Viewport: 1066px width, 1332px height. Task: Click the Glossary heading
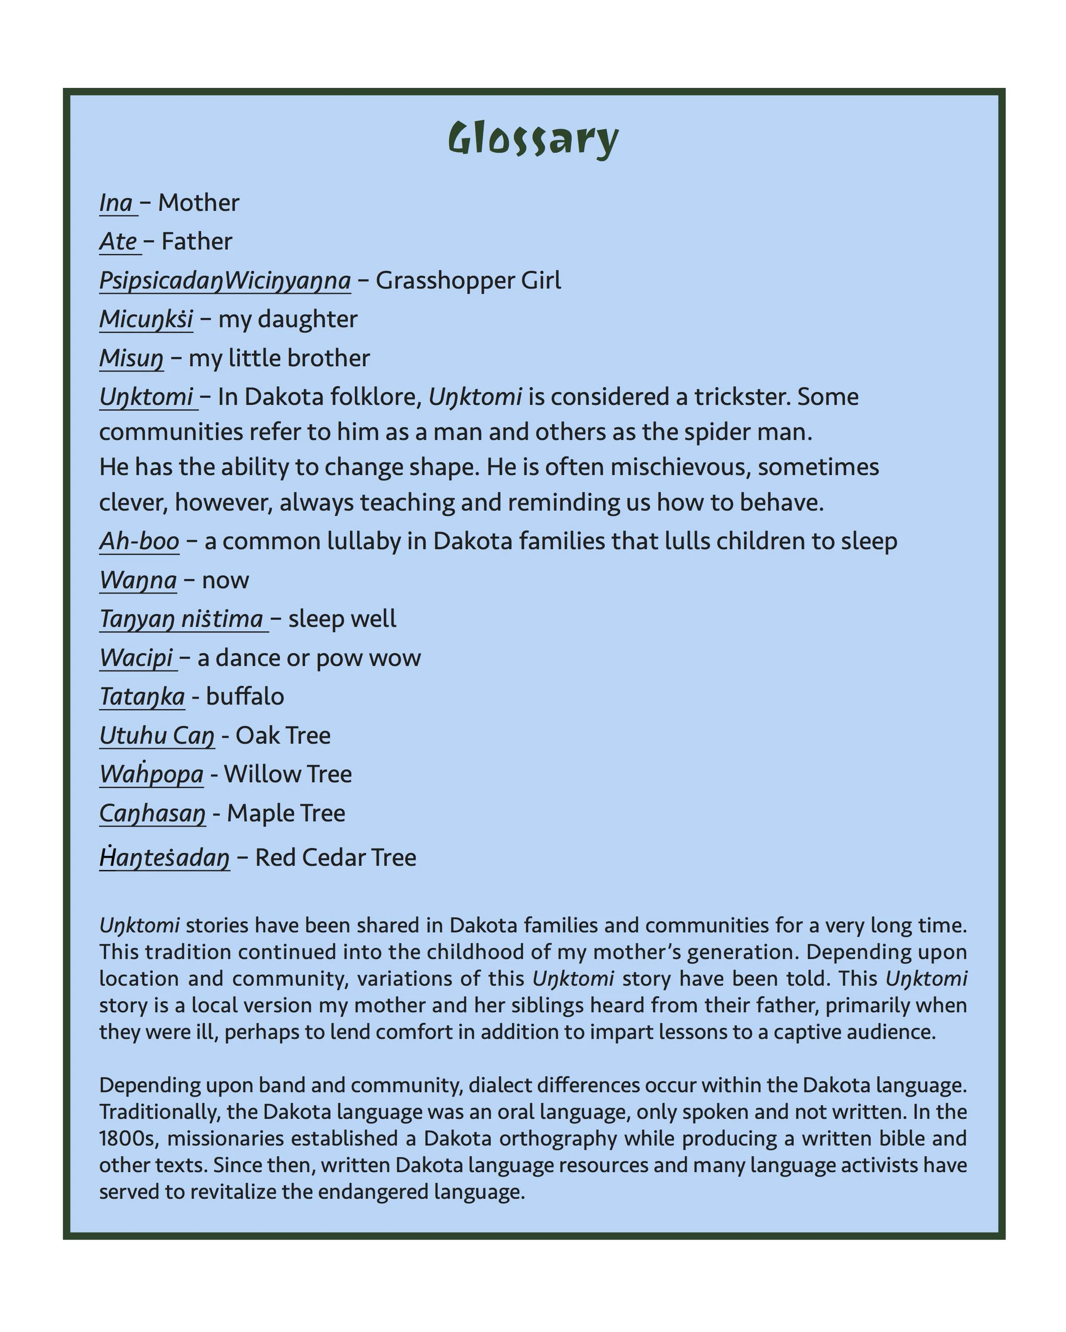(533, 139)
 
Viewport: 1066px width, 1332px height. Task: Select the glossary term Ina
(116, 203)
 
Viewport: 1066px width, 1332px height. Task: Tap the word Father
(196, 242)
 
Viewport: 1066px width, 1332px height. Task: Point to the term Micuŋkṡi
(146, 319)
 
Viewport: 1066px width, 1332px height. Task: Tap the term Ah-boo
(139, 541)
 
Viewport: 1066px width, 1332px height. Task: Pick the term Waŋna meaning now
(138, 580)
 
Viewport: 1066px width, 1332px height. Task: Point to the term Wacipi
(136, 658)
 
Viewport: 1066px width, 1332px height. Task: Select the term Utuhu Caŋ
(157, 736)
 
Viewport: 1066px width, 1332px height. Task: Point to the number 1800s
(128, 1138)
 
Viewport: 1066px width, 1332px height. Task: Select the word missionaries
(224, 1138)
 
